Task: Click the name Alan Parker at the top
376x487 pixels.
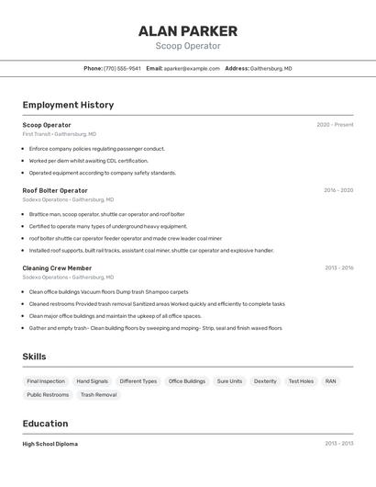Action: coord(188,30)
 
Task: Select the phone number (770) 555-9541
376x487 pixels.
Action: coord(122,68)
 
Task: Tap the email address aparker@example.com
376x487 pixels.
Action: coord(192,68)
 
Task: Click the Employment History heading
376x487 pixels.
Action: coord(68,105)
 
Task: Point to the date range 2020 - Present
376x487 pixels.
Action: coord(335,125)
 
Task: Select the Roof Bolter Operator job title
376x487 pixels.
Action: coord(55,190)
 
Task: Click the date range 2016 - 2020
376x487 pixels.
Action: coord(337,190)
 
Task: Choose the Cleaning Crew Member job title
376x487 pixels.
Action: coord(57,268)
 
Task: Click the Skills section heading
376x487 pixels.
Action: coord(35,357)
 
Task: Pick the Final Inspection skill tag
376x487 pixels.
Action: coord(46,381)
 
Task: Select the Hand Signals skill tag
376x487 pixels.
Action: coord(92,381)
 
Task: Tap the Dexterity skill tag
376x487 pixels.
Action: coord(265,381)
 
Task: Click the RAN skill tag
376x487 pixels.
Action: coord(330,381)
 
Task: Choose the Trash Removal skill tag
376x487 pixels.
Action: coord(98,395)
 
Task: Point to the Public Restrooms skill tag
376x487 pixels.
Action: coord(48,395)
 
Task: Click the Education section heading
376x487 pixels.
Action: coord(45,424)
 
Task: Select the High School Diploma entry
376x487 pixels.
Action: coord(50,444)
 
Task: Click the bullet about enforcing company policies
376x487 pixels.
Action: coord(96,149)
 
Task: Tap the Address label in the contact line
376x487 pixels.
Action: coord(237,68)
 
